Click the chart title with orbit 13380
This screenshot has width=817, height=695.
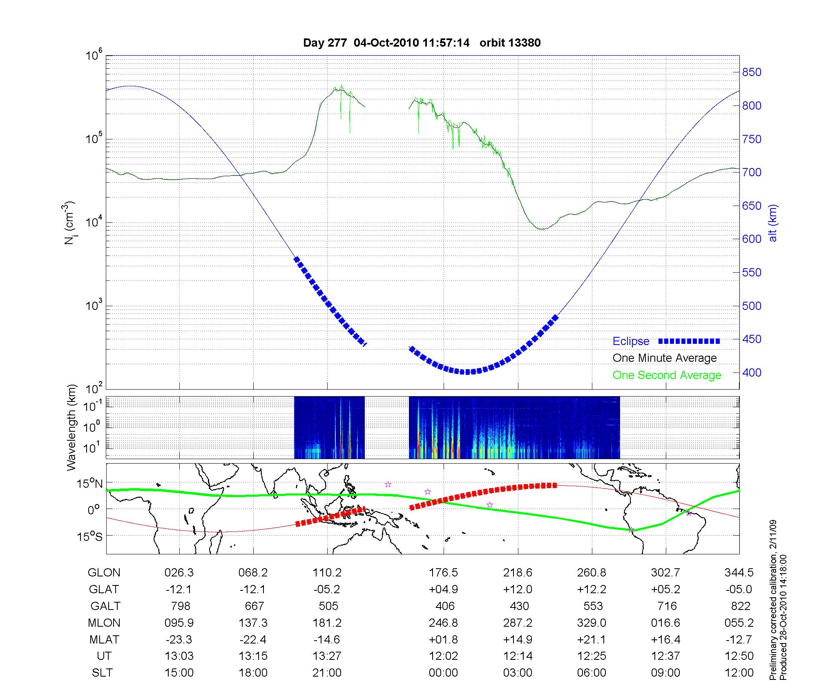(x=422, y=43)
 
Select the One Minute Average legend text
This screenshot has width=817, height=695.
(x=665, y=358)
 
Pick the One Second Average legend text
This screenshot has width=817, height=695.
(x=667, y=375)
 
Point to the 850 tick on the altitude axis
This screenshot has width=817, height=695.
(x=752, y=72)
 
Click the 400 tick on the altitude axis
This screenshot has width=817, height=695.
(x=752, y=373)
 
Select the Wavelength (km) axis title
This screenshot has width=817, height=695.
(x=72, y=427)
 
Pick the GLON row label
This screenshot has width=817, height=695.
(x=104, y=573)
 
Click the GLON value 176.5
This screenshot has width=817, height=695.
(x=443, y=573)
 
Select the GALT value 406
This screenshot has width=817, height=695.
(x=445, y=606)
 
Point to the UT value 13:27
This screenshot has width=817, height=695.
(x=327, y=656)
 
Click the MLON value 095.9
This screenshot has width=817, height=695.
(x=179, y=623)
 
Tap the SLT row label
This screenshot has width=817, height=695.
(x=102, y=673)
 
